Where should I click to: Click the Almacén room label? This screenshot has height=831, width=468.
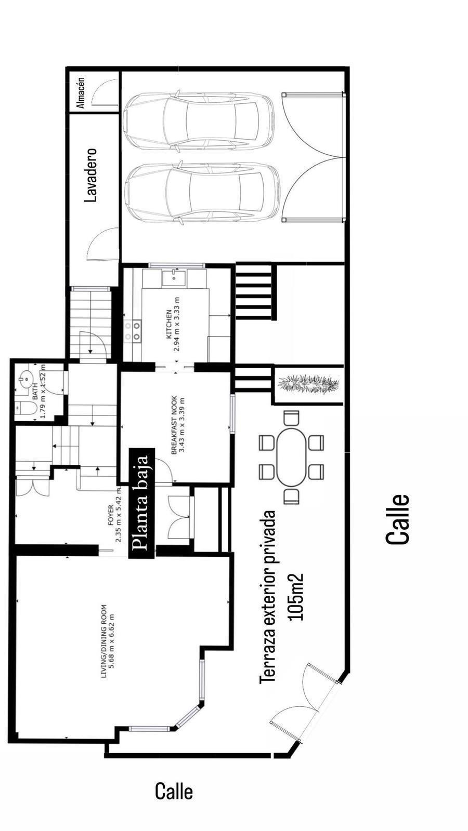pos(81,93)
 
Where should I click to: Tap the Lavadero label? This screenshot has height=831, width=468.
pos(90,175)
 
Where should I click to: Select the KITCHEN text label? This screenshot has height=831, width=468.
pos(169,324)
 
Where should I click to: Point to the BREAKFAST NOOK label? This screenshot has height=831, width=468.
pos(174,425)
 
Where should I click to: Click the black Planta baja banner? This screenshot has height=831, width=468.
pos(141,503)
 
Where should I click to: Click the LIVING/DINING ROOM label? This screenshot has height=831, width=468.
pos(103,641)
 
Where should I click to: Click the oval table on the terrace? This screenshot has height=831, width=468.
pos(292,457)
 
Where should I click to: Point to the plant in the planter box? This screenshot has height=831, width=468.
pos(309,384)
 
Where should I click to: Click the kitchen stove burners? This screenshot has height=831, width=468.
pos(133,331)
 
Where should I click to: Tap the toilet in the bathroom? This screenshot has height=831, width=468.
pos(26,408)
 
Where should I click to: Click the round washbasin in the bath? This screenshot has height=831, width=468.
pos(25,379)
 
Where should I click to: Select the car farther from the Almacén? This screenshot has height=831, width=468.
pos(202,192)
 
